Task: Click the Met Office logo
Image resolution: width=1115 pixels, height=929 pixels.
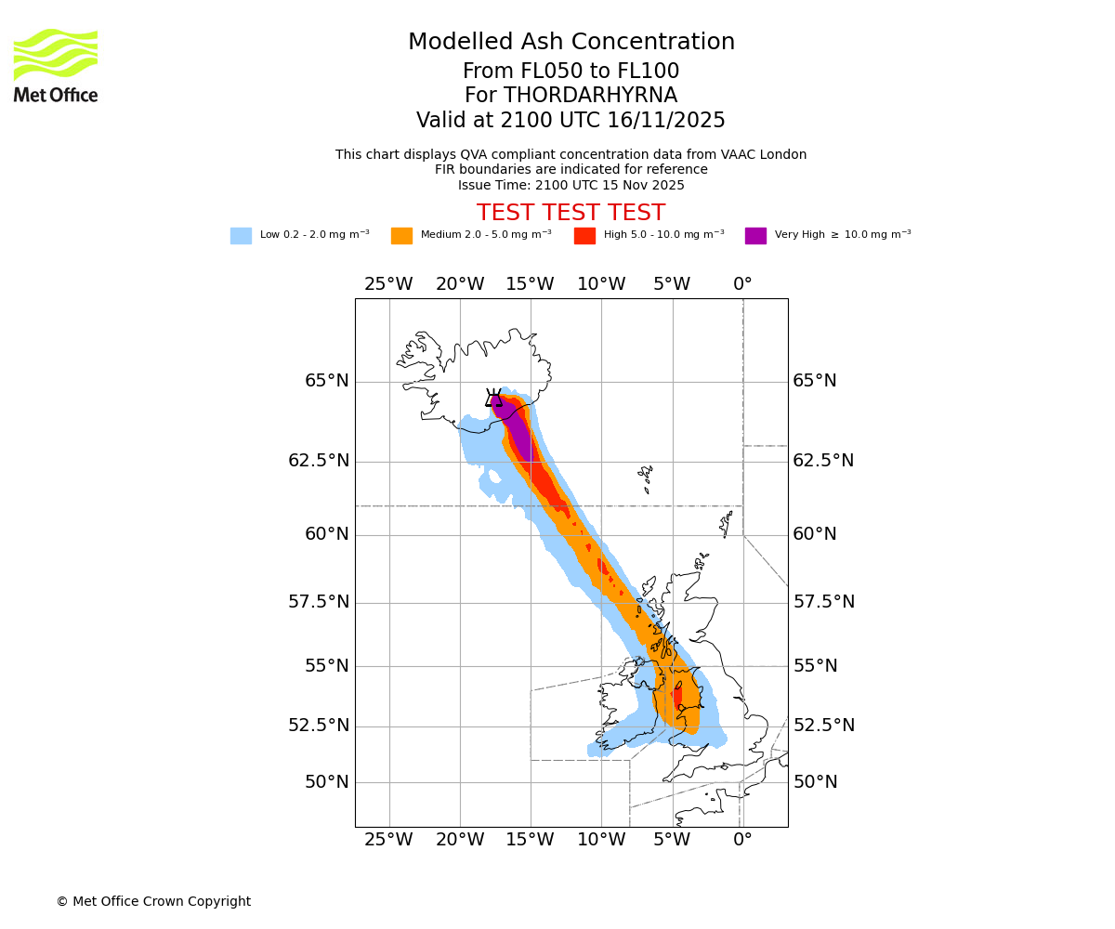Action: tap(56, 65)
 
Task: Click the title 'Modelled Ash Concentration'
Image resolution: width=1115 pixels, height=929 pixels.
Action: tap(571, 43)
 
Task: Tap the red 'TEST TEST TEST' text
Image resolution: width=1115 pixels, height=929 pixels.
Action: tap(571, 213)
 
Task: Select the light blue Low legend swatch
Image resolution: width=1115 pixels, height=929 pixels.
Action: tap(241, 236)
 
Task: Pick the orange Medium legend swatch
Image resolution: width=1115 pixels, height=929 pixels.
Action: tap(401, 236)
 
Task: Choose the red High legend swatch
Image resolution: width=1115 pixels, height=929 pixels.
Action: tap(584, 236)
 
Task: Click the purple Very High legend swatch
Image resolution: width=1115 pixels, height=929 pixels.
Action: tap(755, 236)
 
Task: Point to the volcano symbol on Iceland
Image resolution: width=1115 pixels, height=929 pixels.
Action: tap(493, 399)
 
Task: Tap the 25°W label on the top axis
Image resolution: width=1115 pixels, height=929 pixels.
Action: tap(388, 284)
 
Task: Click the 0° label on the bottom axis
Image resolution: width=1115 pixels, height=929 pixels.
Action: tap(742, 840)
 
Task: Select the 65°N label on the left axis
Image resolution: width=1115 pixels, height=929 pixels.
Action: tap(327, 381)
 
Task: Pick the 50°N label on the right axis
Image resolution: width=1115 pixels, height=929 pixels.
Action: tap(815, 782)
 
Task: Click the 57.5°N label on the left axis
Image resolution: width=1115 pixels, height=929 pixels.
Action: tap(319, 602)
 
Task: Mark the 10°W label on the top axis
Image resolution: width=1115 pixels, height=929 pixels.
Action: tap(601, 284)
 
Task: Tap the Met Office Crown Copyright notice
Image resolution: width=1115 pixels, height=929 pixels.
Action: tap(153, 901)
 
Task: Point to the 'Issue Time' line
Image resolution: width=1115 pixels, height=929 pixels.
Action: tap(571, 185)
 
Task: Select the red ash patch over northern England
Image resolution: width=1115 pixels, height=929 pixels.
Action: tap(677, 696)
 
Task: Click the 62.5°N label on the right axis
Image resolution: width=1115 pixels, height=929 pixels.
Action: tap(823, 461)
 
